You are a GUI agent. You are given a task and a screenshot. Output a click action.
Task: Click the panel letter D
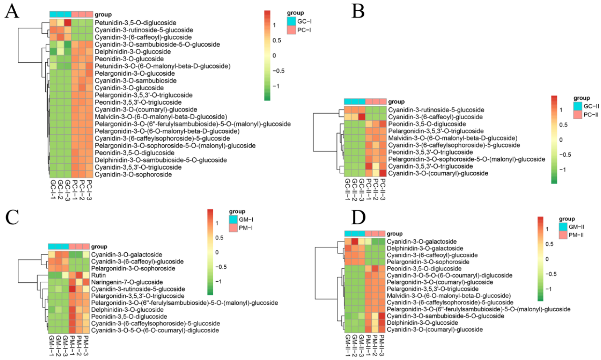pos(358,218)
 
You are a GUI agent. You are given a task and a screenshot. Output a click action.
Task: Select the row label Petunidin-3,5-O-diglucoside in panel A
pos(135,23)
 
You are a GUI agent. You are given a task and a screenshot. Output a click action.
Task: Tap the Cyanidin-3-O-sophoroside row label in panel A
pos(133,174)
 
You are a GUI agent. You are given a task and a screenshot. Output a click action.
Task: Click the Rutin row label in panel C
pos(98,275)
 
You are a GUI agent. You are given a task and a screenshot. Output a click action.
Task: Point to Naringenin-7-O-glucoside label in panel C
pos(127,282)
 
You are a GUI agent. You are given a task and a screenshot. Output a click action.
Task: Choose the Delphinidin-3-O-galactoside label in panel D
pos(425,248)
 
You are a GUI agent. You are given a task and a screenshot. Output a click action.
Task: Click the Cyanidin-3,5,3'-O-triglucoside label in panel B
pos(430,166)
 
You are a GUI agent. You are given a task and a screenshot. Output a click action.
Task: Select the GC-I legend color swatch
pos(291,21)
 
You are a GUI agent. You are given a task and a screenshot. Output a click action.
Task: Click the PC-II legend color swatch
pos(578,115)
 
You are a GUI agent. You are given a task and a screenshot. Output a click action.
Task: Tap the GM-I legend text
pos(246,220)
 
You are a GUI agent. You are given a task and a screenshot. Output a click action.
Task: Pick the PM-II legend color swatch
pos(563,235)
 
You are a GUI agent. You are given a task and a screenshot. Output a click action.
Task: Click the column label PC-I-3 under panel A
pos(89,190)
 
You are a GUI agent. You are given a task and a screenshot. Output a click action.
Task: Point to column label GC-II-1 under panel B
pos(347,189)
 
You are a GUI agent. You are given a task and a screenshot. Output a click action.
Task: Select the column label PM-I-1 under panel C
pos(72,345)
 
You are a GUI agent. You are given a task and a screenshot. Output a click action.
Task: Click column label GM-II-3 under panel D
pos(362,345)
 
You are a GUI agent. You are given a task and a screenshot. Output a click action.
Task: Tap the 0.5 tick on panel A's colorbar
pos(276,41)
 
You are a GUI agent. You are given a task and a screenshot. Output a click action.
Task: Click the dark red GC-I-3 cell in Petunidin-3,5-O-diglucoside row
pos(67,23)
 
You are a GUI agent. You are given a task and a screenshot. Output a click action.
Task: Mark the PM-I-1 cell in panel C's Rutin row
pos(72,275)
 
